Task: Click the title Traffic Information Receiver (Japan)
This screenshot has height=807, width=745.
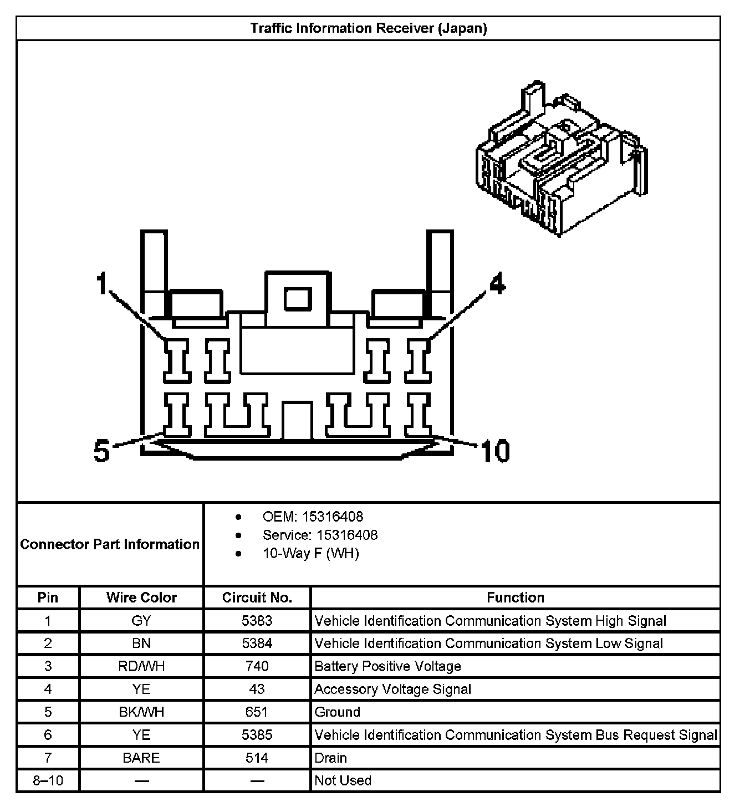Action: pos(368,28)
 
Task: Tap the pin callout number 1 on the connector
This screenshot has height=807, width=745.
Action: pos(101,284)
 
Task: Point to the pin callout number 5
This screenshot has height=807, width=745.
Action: pos(102,451)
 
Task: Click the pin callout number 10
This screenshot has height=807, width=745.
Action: pos(495,451)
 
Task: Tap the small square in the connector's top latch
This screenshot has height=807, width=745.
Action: pos(298,299)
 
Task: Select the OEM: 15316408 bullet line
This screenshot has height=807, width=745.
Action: pos(313,517)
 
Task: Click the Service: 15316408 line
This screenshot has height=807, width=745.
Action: pos(320,535)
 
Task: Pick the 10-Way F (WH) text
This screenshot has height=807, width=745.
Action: pos(310,553)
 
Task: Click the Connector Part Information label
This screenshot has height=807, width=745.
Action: pos(110,544)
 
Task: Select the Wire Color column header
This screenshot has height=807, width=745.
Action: pos(141,597)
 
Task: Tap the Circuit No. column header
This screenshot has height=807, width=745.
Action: pos(257,597)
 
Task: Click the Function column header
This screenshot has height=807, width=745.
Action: pos(516,597)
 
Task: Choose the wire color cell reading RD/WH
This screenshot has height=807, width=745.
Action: pos(141,666)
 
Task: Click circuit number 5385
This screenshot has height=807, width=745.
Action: pos(257,735)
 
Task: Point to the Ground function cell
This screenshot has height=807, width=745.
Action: pos(337,712)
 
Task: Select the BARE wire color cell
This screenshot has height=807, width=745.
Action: pos(141,758)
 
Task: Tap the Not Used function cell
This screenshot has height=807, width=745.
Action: pos(343,780)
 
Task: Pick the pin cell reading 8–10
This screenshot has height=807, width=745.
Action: pos(48,780)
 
